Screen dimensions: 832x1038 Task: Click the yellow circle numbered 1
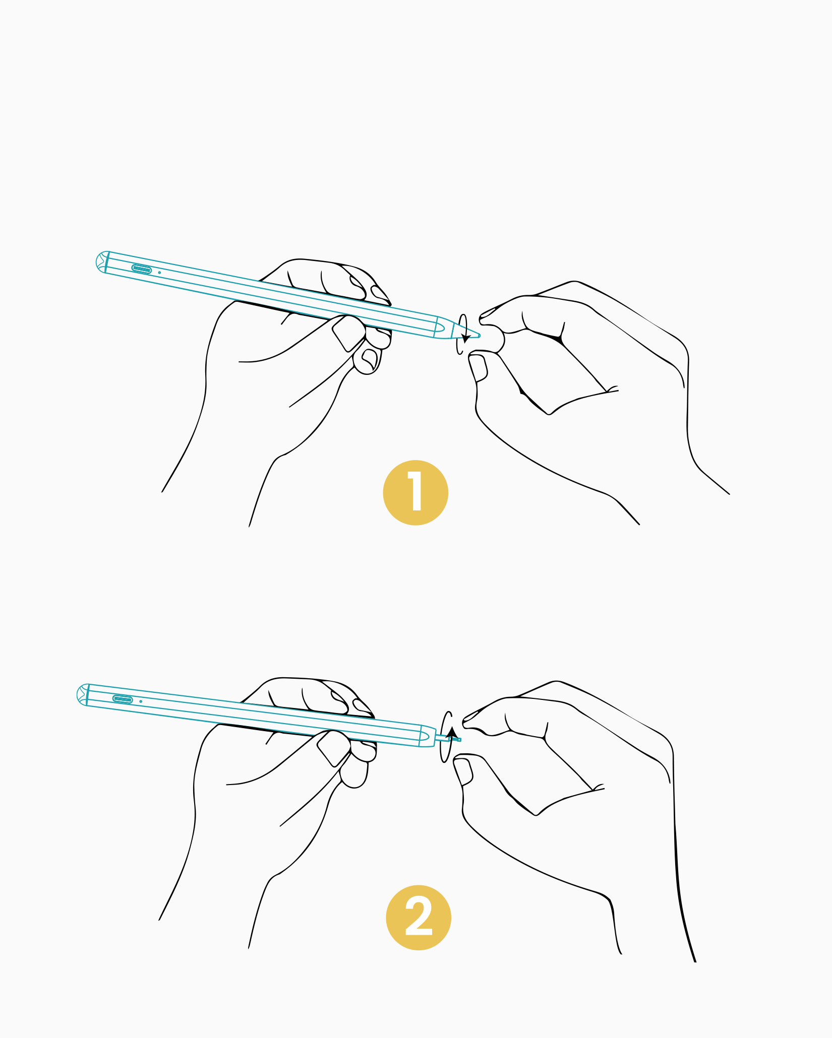[x=415, y=492]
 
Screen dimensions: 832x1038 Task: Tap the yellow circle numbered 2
[x=419, y=918]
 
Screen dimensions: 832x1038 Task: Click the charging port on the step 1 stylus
[x=142, y=269]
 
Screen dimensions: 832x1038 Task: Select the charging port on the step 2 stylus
[x=123, y=699]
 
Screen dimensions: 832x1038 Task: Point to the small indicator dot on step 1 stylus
[x=159, y=273]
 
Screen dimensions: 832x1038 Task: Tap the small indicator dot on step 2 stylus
[x=141, y=701]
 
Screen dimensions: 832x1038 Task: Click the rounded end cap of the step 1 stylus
[x=101, y=262]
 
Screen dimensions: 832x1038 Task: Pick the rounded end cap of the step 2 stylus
[x=83, y=694]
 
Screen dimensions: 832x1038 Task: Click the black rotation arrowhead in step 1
[x=465, y=337]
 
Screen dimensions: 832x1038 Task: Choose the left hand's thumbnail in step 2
[x=333, y=748]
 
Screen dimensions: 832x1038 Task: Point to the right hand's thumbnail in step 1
[x=477, y=368]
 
